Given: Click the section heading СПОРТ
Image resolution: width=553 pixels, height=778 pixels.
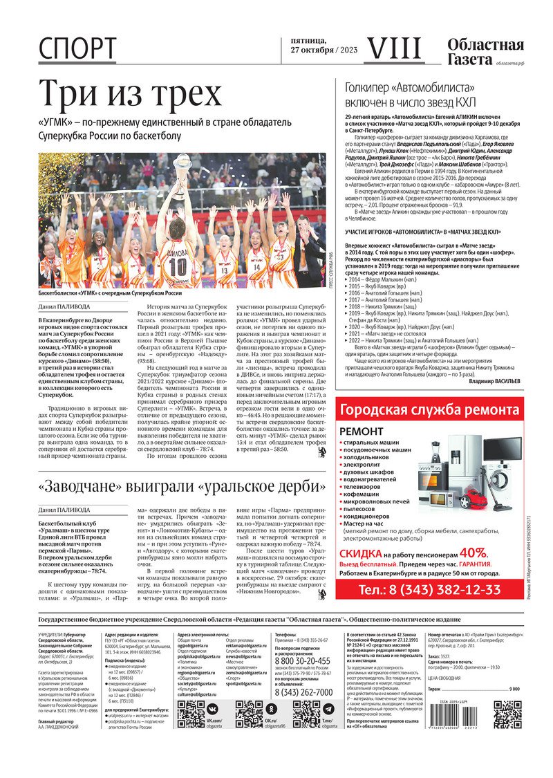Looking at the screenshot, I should [x=77, y=49].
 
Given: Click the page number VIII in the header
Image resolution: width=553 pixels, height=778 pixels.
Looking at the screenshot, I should [x=392, y=48].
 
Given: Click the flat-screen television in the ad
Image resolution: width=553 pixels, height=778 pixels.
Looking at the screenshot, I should [x=503, y=449].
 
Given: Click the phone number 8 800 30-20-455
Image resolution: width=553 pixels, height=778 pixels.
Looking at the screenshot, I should [x=302, y=661].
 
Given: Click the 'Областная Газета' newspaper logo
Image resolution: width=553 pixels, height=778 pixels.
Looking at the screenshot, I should [x=485, y=52].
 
